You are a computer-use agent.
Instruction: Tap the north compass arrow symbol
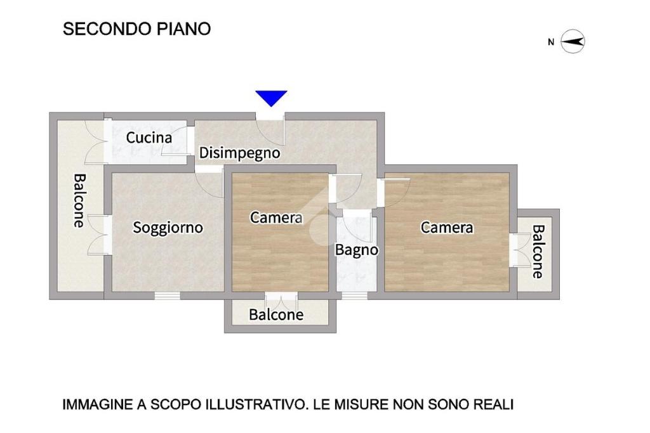573,41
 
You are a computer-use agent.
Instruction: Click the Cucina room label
149,138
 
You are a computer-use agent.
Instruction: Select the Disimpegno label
239,153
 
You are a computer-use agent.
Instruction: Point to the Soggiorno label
168,228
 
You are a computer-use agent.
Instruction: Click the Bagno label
357,250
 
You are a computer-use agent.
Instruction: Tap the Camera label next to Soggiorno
277,217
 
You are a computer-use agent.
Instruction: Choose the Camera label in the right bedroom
447,227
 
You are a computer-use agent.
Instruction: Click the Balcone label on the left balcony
79,200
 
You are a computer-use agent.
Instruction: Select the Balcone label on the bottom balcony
276,314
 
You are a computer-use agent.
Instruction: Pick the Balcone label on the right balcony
538,251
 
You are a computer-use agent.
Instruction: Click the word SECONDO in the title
107,29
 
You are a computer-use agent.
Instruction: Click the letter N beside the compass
551,42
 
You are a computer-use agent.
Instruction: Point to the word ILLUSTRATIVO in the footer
256,404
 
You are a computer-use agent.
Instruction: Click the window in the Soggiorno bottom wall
168,295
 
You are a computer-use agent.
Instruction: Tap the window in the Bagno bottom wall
354,295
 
